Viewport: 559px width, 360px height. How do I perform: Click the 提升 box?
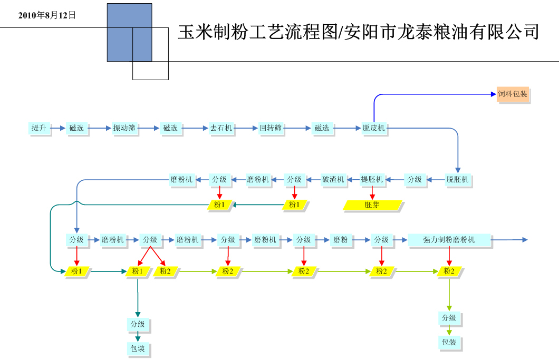click(x=38, y=128)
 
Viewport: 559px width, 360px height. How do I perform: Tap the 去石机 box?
click(x=221, y=128)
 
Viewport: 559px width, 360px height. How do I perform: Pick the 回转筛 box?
click(x=271, y=128)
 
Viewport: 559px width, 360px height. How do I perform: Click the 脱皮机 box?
click(x=373, y=128)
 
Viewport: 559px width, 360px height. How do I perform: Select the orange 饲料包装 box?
click(x=512, y=94)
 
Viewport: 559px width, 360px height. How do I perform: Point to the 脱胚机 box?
click(x=457, y=179)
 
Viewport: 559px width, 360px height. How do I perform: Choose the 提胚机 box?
click(x=372, y=179)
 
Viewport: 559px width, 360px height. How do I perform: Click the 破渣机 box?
click(x=333, y=179)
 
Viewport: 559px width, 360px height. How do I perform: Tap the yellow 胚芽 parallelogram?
click(x=372, y=205)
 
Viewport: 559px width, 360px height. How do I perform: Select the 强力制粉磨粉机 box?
click(x=449, y=240)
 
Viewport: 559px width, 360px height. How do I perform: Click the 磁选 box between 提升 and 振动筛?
click(x=76, y=128)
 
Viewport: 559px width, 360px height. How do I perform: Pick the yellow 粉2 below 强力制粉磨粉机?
click(x=449, y=271)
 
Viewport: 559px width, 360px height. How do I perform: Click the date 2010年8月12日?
click(x=47, y=15)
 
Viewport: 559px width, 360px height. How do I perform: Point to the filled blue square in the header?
click(x=129, y=32)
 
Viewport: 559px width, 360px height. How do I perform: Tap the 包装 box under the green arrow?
click(x=449, y=342)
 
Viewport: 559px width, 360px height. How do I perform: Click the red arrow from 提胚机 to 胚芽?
click(x=372, y=192)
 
